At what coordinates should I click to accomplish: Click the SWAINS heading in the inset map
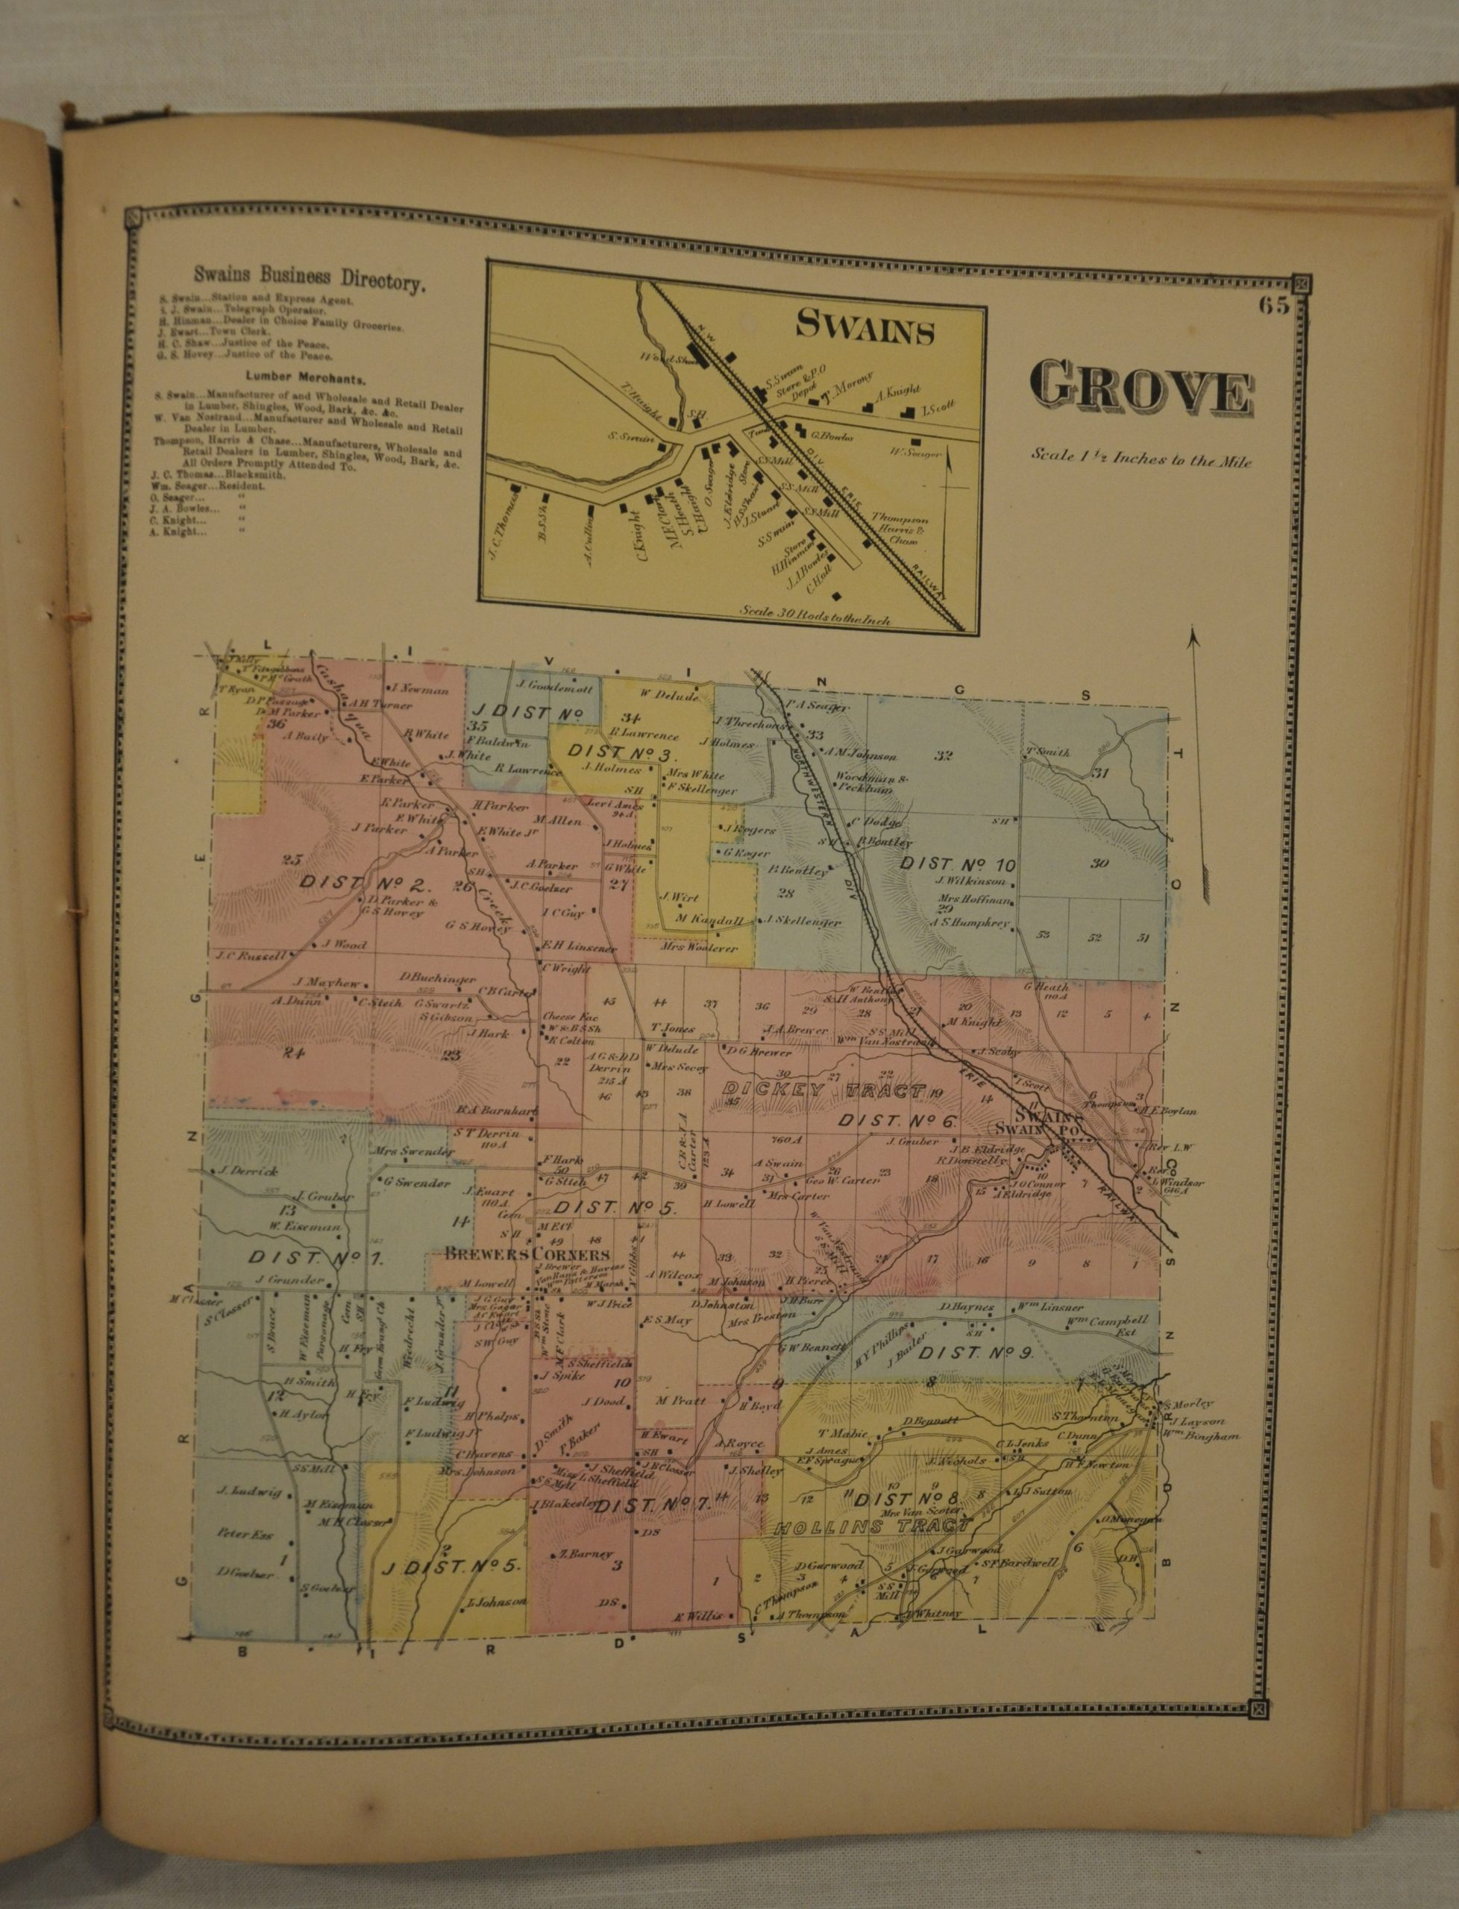click(x=866, y=329)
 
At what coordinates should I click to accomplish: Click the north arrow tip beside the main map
click(x=1195, y=636)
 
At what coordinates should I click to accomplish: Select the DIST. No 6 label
click(x=897, y=1121)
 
